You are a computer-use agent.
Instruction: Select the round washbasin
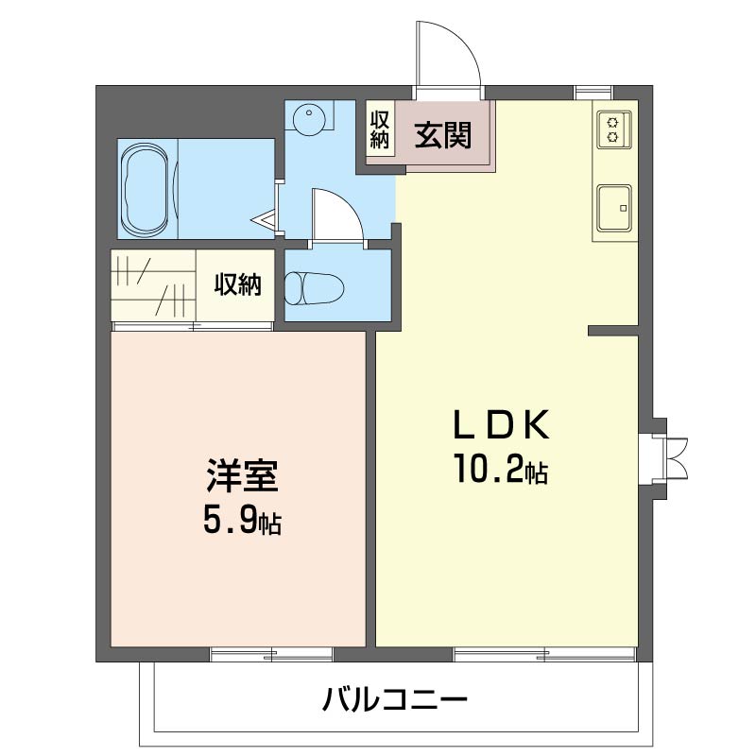click(307, 120)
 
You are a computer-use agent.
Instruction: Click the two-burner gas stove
click(611, 129)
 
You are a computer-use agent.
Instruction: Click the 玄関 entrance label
click(442, 136)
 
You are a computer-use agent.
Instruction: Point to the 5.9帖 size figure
click(242, 521)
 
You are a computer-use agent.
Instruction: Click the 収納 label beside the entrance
click(380, 129)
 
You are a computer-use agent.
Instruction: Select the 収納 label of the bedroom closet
click(236, 284)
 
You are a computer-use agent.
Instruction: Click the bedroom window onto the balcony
click(272, 652)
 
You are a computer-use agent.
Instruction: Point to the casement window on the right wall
click(673, 459)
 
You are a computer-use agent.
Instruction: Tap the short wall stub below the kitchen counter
click(612, 331)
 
